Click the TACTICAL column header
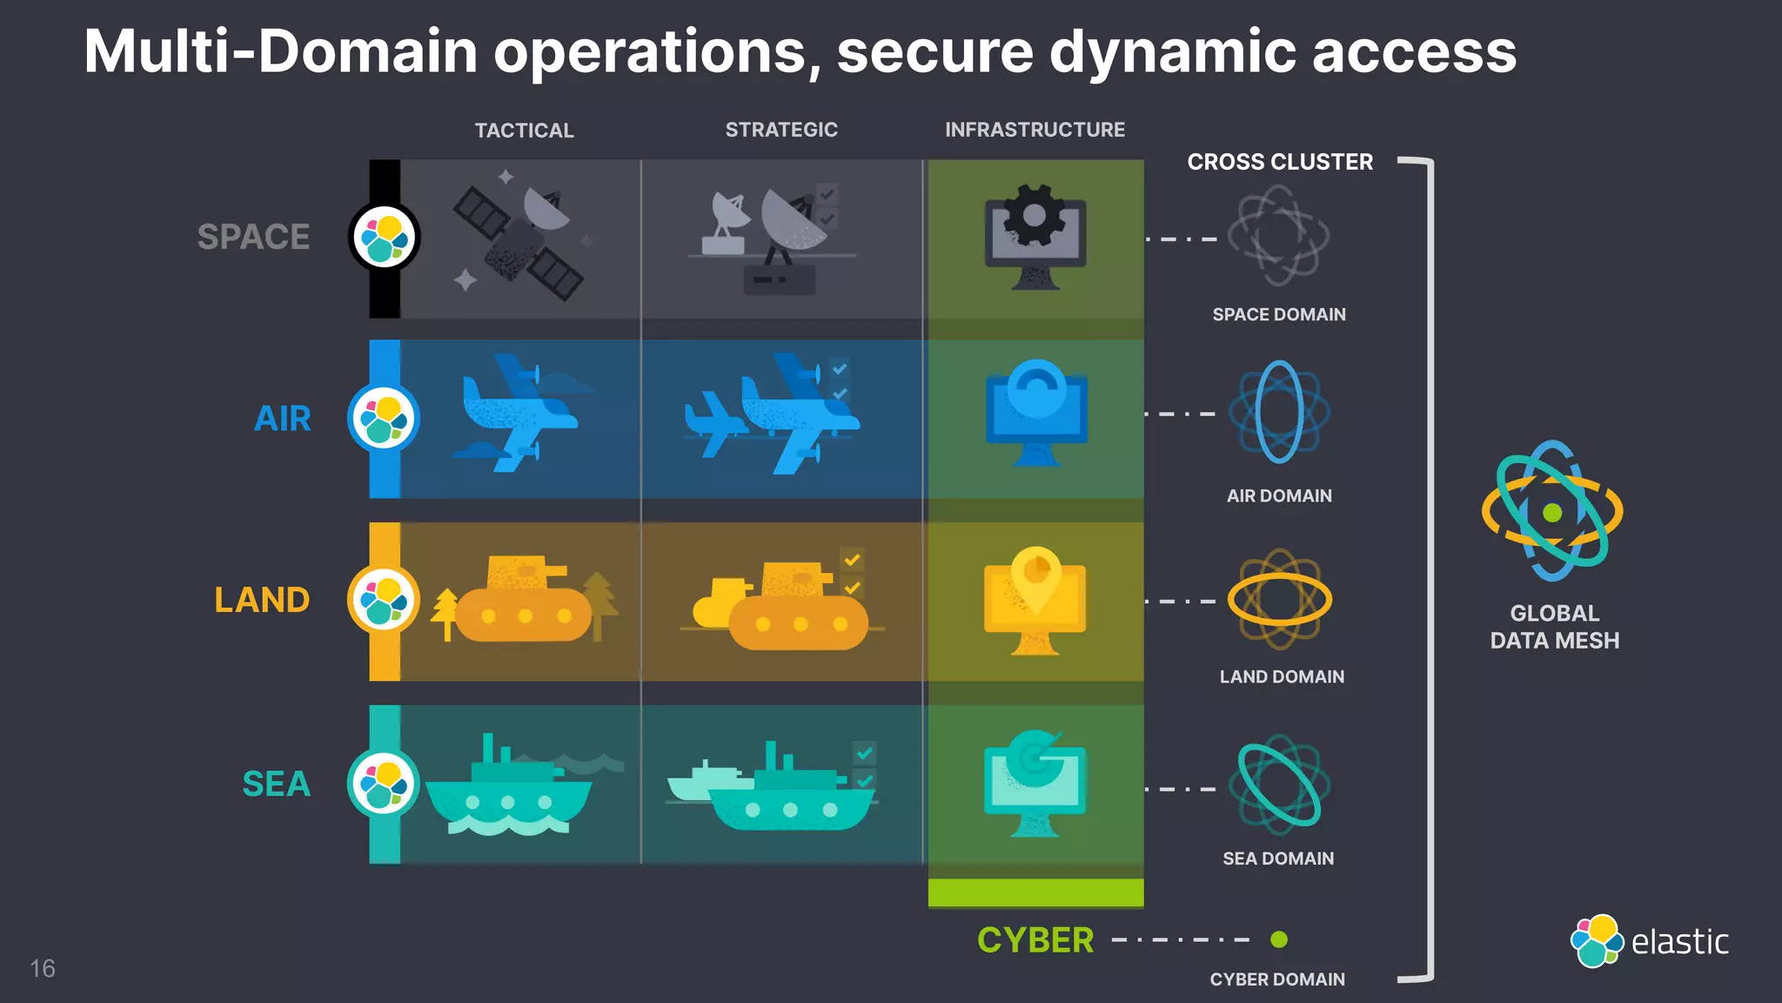[524, 131]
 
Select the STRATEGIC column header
[781, 130]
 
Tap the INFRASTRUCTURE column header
[1035, 130]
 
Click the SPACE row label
[253, 237]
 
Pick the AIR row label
[283, 419]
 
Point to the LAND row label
[262, 600]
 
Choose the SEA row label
[276, 784]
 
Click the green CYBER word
[1035, 940]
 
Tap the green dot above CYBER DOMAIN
[1278, 939]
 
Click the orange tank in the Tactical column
[522, 601]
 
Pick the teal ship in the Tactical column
[507, 788]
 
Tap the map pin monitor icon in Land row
[1035, 601]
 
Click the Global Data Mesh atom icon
[1552, 512]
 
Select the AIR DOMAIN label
[1278, 495]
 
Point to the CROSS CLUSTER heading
[1279, 162]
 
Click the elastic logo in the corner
[1650, 940]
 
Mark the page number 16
[42, 968]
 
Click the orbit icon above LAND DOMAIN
[1279, 599]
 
